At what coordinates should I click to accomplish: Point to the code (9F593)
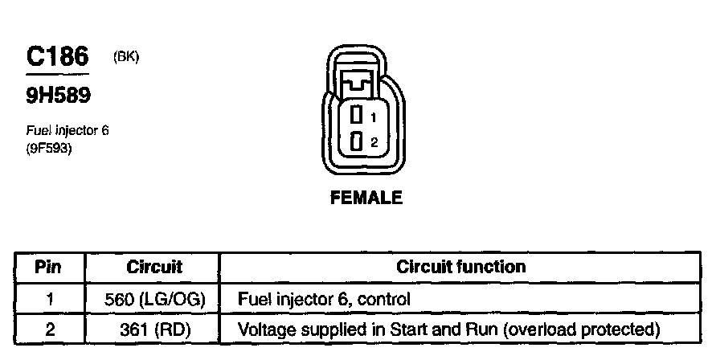pyautogui.click(x=50, y=146)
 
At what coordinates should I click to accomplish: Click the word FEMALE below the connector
pyautogui.click(x=366, y=198)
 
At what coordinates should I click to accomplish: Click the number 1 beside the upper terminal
pyautogui.click(x=374, y=118)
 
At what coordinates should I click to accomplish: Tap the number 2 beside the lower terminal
pyautogui.click(x=374, y=143)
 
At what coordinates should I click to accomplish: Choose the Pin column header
pyautogui.click(x=49, y=266)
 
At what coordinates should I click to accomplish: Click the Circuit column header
pyautogui.click(x=154, y=266)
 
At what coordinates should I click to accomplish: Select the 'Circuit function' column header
pyautogui.click(x=461, y=266)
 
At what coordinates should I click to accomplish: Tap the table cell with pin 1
pyautogui.click(x=49, y=300)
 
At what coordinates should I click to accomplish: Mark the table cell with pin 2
pyautogui.click(x=49, y=329)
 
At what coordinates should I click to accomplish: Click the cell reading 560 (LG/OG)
pyautogui.click(x=154, y=300)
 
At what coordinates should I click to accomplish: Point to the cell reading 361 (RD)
pyautogui.click(x=154, y=329)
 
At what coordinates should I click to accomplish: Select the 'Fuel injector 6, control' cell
pyautogui.click(x=324, y=300)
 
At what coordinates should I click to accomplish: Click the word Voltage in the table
pyautogui.click(x=264, y=329)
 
